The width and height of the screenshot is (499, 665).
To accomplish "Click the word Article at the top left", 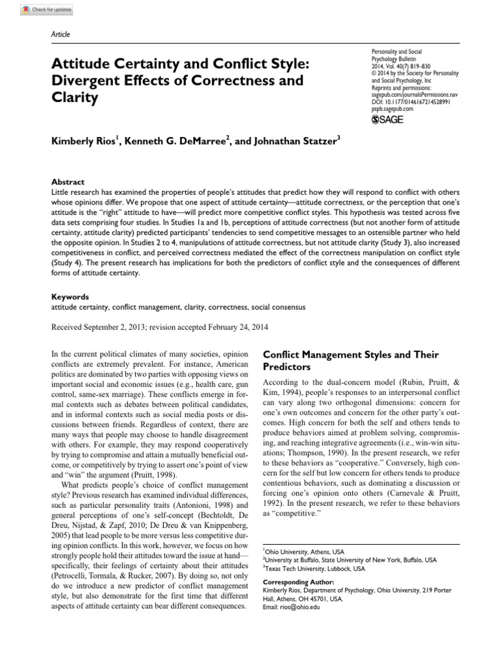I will [x=60, y=34].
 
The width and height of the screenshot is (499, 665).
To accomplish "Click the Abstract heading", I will [x=68, y=182].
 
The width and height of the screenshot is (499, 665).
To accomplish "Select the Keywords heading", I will [x=70, y=295].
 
